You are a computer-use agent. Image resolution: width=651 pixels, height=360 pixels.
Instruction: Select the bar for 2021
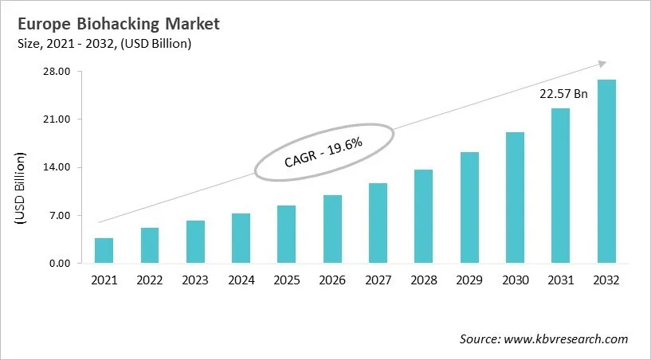click(x=104, y=250)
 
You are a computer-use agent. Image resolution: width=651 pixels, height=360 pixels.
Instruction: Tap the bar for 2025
click(x=287, y=234)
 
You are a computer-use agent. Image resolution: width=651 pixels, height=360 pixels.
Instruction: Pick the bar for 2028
click(x=424, y=217)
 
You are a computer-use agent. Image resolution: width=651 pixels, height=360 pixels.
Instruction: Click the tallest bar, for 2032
click(x=606, y=171)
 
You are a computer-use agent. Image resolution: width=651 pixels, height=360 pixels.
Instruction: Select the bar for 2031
click(x=561, y=186)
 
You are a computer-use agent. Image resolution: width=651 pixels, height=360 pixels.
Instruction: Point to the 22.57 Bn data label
click(x=563, y=94)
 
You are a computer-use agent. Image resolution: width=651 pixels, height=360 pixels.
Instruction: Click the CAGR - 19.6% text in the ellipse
click(x=324, y=152)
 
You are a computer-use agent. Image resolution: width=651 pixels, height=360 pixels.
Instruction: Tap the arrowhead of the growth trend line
click(x=602, y=64)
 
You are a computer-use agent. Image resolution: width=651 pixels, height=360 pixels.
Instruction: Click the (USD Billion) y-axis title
click(x=20, y=190)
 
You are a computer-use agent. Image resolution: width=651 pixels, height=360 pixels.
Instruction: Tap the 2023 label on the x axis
click(x=195, y=280)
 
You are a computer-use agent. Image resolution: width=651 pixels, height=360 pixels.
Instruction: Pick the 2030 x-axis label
click(x=515, y=280)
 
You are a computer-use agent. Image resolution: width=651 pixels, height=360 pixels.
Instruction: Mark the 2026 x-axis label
click(x=332, y=280)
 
